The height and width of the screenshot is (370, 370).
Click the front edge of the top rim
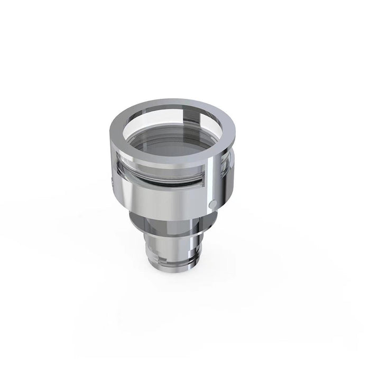(x=169, y=158)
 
